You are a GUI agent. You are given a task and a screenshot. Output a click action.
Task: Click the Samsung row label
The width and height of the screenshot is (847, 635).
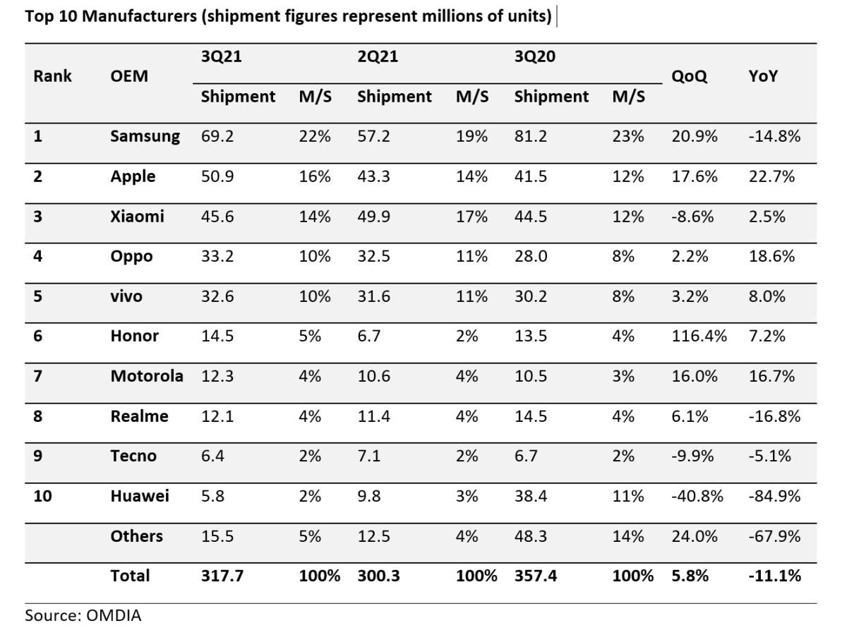coord(145,136)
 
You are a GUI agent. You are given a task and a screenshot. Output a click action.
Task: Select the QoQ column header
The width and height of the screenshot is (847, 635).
coord(689,76)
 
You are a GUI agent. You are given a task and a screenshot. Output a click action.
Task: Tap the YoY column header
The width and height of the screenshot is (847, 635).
coord(763,76)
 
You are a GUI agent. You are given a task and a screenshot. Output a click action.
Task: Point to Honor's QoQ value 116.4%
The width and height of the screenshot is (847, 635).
coord(699,336)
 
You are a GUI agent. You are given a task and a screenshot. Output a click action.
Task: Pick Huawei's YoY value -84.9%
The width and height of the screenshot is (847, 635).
coord(774,496)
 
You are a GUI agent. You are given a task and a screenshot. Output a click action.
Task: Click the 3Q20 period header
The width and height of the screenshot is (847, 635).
coord(534,57)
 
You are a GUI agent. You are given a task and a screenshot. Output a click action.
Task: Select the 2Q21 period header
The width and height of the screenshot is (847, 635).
coord(378,57)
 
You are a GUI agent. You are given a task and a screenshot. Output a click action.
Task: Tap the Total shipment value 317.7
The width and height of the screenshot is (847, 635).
coord(222,576)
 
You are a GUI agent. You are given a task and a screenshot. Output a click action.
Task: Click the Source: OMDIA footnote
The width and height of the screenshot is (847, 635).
coord(83,615)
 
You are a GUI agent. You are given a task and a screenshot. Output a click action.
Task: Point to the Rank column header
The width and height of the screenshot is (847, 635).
coord(52,76)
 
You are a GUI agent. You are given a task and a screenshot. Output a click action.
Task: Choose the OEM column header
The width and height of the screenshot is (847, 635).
coord(129,76)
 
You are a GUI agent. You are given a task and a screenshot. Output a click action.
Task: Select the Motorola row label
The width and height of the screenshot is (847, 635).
coord(146,376)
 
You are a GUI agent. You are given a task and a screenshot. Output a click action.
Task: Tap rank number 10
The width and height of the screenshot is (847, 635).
coord(42,496)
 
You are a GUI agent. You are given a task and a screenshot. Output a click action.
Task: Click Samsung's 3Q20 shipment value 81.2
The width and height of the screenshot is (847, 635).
coord(529,136)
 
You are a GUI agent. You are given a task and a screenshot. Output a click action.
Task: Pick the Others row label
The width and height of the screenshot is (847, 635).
coord(136,536)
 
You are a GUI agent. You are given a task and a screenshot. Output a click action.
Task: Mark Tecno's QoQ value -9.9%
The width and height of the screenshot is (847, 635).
coord(692,456)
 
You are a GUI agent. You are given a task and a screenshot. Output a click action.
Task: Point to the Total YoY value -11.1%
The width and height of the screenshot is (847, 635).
coord(774,576)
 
